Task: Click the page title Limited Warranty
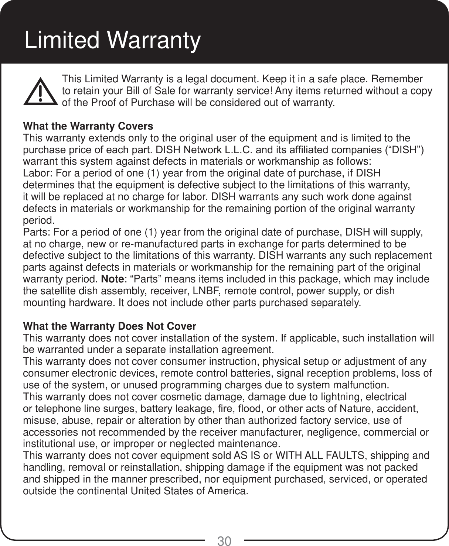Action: coord(112,40)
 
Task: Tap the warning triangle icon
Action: coord(40,91)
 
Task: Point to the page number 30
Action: coord(224,541)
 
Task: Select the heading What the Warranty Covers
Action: coord(88,127)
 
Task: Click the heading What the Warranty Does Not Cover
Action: coord(110,327)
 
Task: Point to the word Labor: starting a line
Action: coord(33,174)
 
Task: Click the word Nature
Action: coord(356,409)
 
